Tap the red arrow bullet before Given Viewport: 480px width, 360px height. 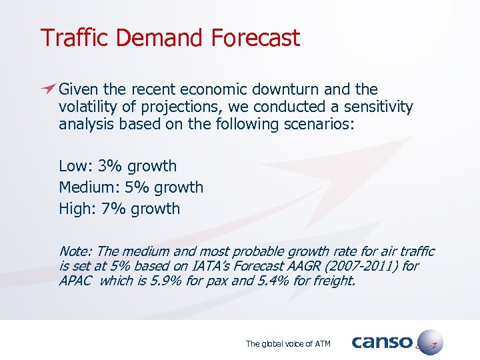click(47, 89)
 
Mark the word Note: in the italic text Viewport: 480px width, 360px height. click(76, 251)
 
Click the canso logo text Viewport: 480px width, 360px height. click(382, 342)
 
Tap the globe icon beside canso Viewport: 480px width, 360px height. click(429, 342)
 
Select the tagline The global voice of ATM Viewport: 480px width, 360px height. click(287, 344)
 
